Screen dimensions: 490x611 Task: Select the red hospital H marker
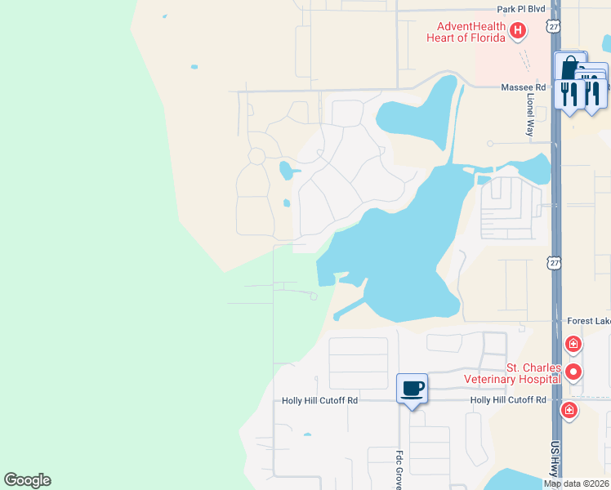click(517, 32)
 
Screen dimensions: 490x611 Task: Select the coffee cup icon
click(413, 388)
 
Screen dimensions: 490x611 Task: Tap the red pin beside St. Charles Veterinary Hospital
click(574, 372)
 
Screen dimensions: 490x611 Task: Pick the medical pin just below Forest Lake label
click(573, 344)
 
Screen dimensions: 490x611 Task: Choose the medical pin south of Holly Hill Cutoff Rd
click(569, 409)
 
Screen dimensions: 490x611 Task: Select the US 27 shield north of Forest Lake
click(555, 263)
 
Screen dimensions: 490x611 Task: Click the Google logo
click(27, 480)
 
